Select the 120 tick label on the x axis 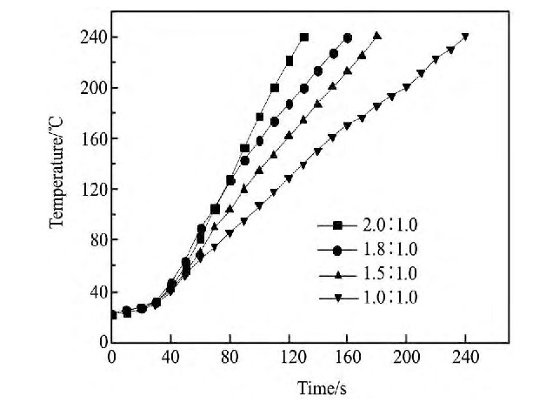[288, 357]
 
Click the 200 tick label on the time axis [406, 357]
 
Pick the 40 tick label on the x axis [170, 357]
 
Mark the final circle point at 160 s [348, 37]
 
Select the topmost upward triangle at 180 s [377, 36]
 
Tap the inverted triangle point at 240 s [466, 37]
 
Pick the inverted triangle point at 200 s [407, 87]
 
